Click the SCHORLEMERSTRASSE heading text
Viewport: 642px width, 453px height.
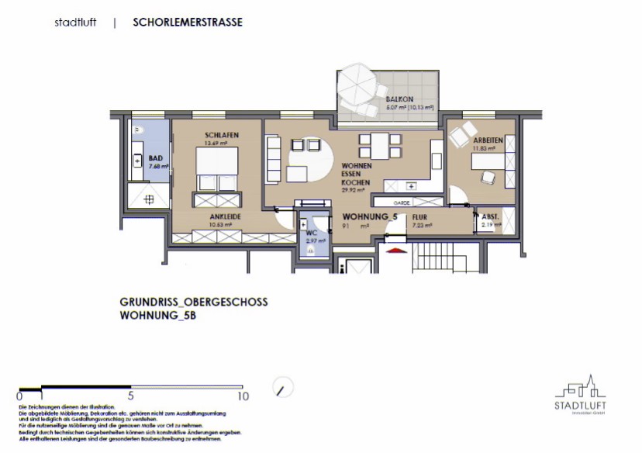[x=188, y=22]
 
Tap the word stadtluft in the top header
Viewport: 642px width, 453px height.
[x=76, y=22]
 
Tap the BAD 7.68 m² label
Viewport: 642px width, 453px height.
[x=157, y=161]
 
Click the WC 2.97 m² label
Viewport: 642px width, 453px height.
[x=314, y=237]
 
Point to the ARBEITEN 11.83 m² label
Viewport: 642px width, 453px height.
[x=488, y=143]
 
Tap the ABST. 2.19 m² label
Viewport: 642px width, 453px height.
[x=490, y=221]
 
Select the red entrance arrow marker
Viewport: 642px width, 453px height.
[x=395, y=251]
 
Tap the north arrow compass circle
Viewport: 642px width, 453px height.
[x=285, y=386]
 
